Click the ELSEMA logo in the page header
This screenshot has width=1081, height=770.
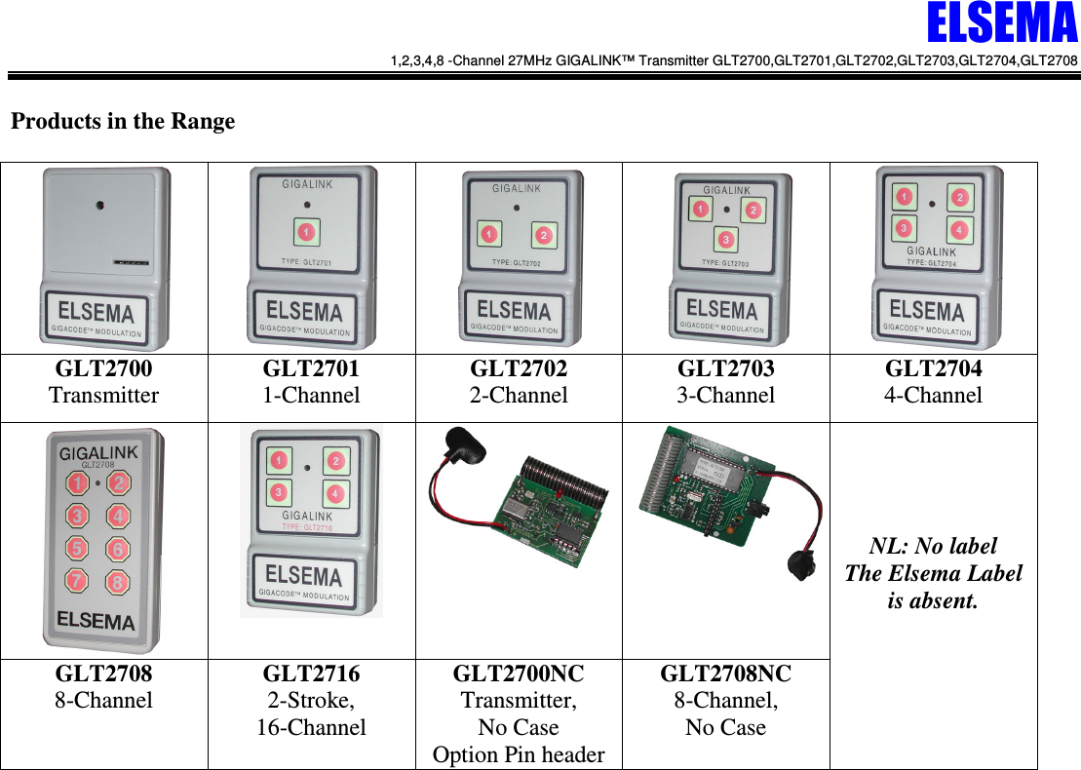coord(1001,25)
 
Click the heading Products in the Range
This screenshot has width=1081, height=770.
coord(123,122)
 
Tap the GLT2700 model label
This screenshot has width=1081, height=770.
coord(103,368)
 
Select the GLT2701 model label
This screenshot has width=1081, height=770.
coord(311,368)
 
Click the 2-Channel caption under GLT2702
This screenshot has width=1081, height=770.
coord(519,396)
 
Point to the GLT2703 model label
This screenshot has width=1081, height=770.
coord(726,368)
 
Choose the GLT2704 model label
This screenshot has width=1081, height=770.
coord(934,368)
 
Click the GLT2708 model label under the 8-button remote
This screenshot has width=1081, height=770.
coord(103,674)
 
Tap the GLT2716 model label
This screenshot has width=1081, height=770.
coord(311,674)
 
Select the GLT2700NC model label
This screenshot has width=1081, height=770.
coord(519,674)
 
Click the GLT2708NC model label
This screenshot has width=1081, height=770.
coord(726,674)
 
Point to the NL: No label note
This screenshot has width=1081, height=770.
coord(934,546)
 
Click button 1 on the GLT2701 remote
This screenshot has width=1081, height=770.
coord(306,233)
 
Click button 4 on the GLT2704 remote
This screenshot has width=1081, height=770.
coord(959,230)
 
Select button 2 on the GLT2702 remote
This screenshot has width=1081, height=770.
coord(543,235)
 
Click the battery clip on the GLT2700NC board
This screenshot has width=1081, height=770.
coord(459,444)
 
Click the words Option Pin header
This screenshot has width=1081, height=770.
coord(519,754)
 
